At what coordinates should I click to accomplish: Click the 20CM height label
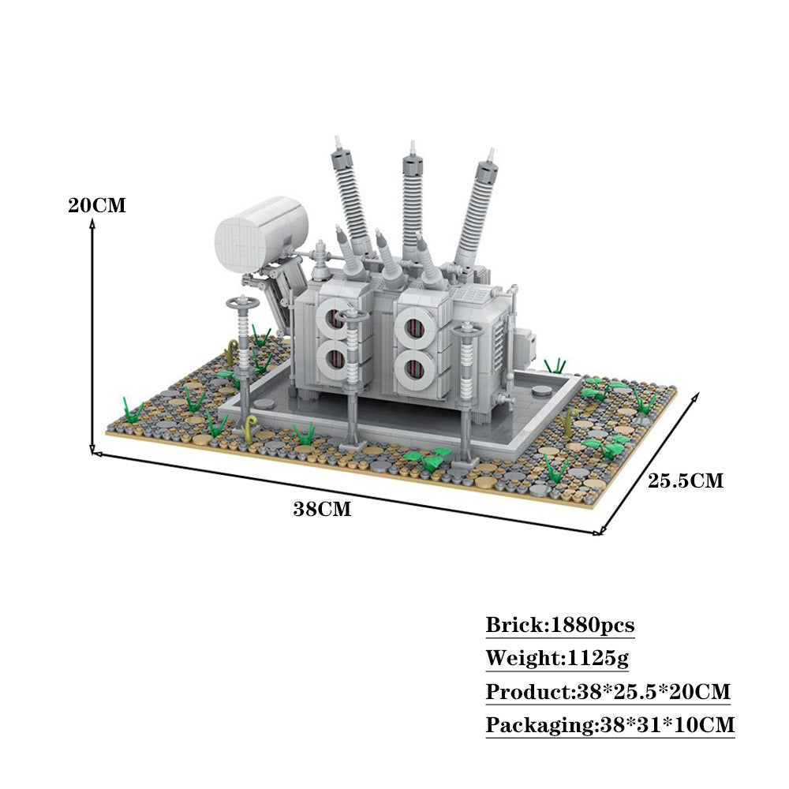coord(96,205)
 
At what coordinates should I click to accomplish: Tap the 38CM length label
coord(322,509)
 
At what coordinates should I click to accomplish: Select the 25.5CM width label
coord(685,481)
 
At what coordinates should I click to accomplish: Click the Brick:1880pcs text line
coord(559,626)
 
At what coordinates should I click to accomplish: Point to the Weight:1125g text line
coord(557,658)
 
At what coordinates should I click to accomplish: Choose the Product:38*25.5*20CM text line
coord(608,693)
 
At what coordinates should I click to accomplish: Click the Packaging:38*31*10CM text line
coord(610,725)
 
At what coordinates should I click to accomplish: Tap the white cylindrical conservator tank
coord(260,234)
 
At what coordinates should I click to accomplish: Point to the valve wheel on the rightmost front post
coord(466,326)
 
